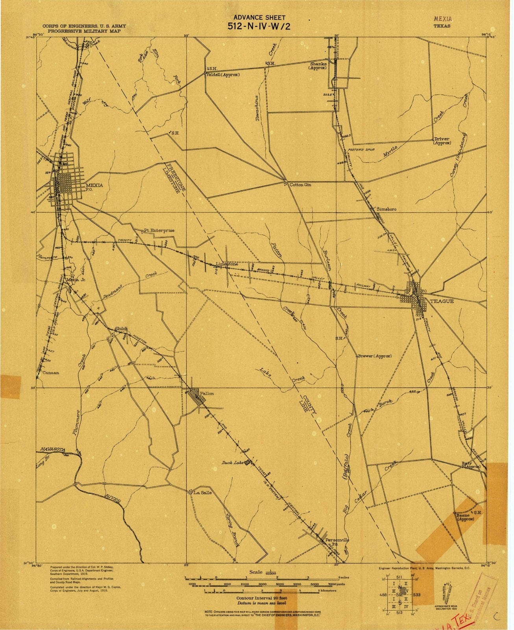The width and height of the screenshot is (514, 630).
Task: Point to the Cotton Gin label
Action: coord(300,184)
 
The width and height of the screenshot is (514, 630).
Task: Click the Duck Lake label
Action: coord(233,463)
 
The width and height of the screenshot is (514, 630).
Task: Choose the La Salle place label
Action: coord(203,492)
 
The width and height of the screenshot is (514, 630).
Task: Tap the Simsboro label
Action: coord(386,209)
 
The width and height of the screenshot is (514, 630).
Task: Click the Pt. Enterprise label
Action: coord(159,230)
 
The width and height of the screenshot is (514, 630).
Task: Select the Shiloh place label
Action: coord(121,329)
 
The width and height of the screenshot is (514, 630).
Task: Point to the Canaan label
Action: coord(51,372)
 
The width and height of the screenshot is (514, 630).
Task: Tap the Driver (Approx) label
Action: coord(442,141)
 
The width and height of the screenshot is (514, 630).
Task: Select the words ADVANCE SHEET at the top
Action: coord(259,17)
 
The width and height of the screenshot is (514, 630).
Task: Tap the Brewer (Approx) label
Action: coord(374,356)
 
